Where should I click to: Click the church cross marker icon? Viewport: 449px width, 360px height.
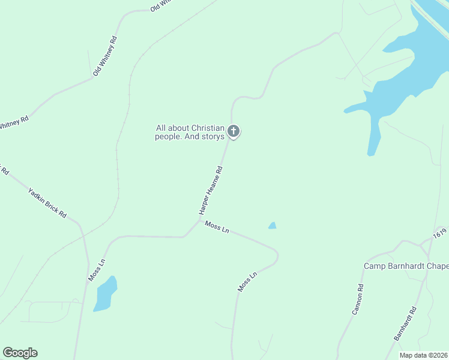[x=234, y=131]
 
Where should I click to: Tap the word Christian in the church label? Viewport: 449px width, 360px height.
[x=207, y=128]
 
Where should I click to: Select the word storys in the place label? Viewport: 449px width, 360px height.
[x=212, y=136]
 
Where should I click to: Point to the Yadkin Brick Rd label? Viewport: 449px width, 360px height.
[x=47, y=202]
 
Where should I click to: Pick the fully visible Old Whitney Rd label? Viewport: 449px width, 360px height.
[x=104, y=56]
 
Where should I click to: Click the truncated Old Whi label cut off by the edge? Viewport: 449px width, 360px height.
[x=160, y=6]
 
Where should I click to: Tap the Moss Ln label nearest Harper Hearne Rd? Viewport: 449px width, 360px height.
[x=217, y=227]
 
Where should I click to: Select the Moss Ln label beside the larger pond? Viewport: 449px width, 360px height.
[x=97, y=270]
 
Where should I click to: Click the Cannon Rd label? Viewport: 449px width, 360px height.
[x=358, y=299]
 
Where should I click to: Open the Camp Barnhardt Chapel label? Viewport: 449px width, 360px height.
[x=406, y=266]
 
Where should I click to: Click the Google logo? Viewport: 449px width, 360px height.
[x=20, y=353]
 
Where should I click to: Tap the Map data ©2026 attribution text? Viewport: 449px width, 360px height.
[x=423, y=355]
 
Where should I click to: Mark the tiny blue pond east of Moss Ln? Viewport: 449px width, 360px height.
[x=273, y=226]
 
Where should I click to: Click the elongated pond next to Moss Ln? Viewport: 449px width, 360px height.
[x=106, y=293]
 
